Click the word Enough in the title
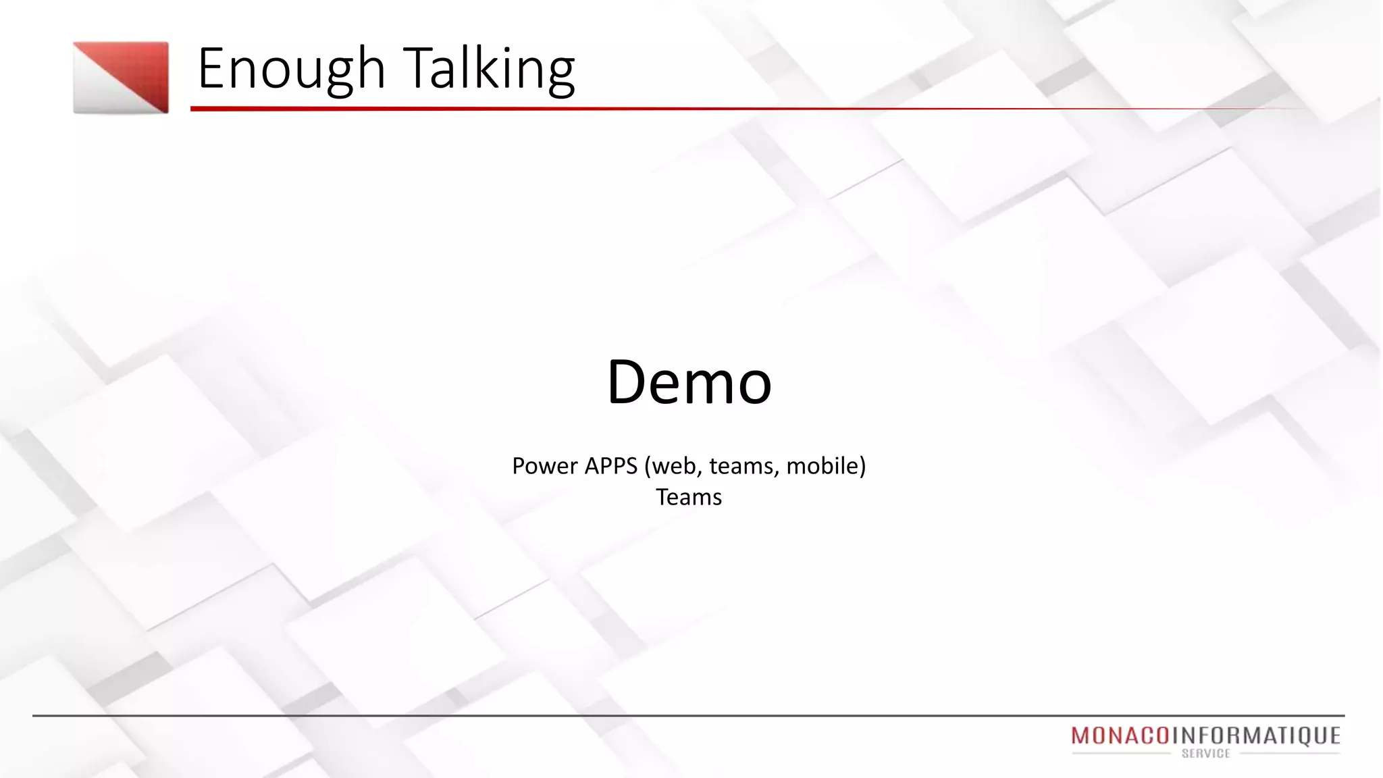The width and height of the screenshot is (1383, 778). tap(290, 69)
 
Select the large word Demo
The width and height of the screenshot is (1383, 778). tap(689, 382)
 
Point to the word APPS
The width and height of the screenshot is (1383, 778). tap(611, 466)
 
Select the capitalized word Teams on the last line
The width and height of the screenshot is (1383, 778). tap(689, 497)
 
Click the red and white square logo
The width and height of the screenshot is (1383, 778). tap(121, 78)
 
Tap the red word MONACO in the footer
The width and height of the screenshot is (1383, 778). tap(1120, 735)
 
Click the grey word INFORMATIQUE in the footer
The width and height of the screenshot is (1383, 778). tap(1255, 735)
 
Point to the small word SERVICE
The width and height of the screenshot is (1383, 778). tap(1206, 754)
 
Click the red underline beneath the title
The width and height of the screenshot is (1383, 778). tap(675, 108)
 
